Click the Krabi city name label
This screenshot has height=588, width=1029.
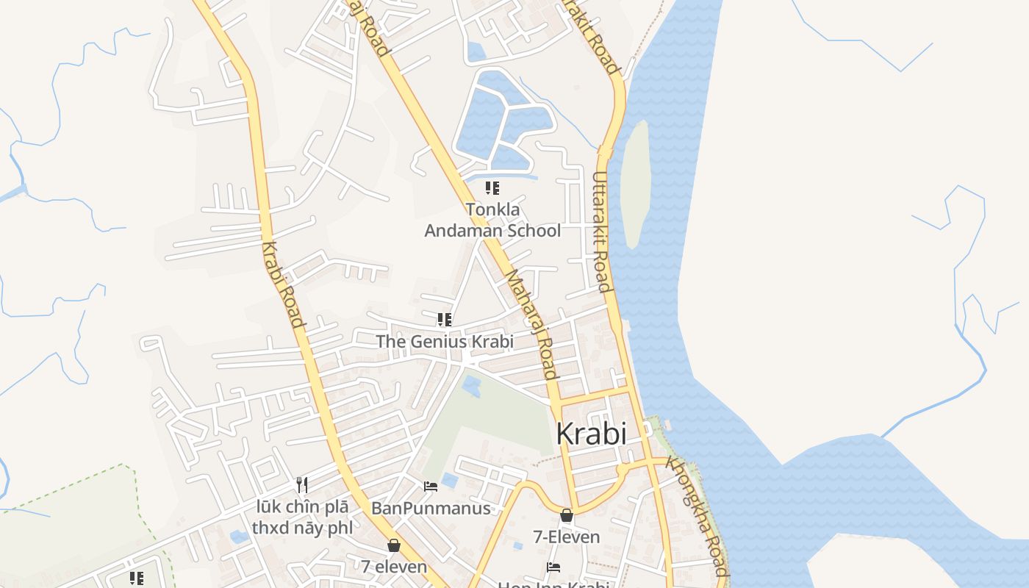[591, 434]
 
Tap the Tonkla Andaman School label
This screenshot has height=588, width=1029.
[492, 220]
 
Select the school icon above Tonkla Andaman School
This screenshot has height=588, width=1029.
[492, 188]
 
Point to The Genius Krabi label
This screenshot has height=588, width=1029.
[445, 341]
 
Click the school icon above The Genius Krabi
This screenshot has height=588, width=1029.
[444, 319]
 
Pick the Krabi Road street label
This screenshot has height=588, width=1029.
[283, 284]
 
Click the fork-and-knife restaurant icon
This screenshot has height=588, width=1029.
[301, 484]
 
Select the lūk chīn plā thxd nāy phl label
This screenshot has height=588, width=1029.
[302, 517]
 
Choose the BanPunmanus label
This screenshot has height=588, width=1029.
[431, 508]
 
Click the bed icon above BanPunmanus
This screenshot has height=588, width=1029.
[431, 486]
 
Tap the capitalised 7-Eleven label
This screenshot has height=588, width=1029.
[567, 537]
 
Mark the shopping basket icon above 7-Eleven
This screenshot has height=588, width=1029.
[566, 515]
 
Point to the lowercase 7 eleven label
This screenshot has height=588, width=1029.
[394, 566]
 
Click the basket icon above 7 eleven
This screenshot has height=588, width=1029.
[394, 545]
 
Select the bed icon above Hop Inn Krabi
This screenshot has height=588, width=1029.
[553, 567]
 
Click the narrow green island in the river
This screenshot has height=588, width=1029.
[634, 184]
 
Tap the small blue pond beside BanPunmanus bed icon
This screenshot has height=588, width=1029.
[449, 481]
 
